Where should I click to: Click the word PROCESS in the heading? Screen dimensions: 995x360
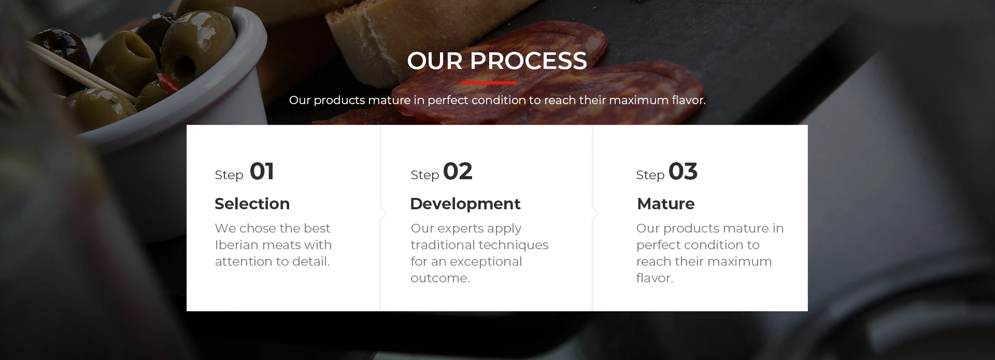(x=528, y=61)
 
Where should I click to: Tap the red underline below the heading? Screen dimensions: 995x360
(x=489, y=83)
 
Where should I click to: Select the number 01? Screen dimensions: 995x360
(x=262, y=171)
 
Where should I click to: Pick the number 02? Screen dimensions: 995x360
(x=458, y=171)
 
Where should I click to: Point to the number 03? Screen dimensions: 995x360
(x=683, y=171)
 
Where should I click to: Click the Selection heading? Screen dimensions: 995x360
(x=252, y=204)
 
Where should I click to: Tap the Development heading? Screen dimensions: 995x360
(x=465, y=204)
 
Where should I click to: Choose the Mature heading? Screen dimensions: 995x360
(x=666, y=204)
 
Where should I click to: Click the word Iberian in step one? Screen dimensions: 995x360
(x=238, y=245)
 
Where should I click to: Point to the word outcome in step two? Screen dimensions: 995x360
(x=438, y=278)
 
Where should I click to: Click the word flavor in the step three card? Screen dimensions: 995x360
(x=653, y=278)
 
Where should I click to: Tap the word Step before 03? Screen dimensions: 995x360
(x=650, y=175)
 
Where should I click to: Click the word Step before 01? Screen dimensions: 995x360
(x=229, y=175)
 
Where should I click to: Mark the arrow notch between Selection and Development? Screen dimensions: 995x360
(x=383, y=213)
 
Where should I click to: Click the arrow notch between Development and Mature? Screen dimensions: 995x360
(x=595, y=213)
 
